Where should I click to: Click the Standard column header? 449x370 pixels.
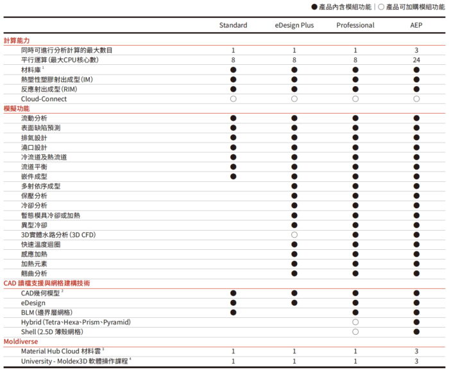[233, 25]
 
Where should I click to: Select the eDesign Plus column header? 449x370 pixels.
[294, 25]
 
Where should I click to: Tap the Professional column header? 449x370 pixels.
[355, 25]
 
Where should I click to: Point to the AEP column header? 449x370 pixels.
[416, 25]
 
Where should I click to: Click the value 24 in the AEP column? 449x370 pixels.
[416, 60]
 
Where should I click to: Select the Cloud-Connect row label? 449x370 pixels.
[44, 99]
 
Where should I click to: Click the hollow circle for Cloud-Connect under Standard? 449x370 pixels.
[233, 99]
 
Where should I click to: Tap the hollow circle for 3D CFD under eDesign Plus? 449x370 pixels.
[294, 234]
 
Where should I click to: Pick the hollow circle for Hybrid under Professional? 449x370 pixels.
[355, 322]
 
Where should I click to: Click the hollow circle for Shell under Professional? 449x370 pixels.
[355, 331]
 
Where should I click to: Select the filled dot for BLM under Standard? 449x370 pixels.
[233, 312]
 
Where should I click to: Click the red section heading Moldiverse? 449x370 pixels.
[21, 342]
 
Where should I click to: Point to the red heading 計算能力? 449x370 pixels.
[17, 40]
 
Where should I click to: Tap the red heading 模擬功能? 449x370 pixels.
[17, 109]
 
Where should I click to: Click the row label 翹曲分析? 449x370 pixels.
[34, 273]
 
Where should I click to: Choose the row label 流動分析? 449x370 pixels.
[34, 118]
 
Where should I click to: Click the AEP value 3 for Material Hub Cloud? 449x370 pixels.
[416, 351]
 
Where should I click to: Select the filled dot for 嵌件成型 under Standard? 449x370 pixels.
[233, 176]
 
